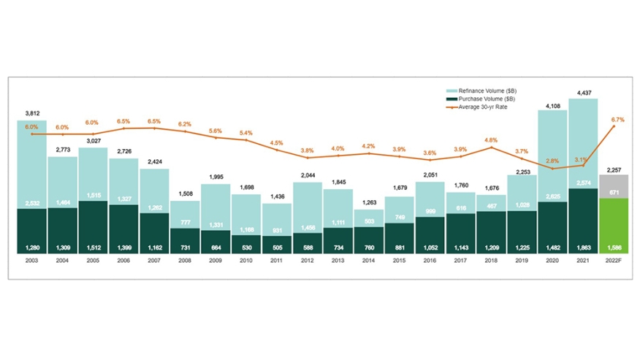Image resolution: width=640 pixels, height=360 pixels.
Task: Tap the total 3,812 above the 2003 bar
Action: click(32, 113)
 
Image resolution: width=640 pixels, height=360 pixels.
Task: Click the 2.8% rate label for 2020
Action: click(552, 160)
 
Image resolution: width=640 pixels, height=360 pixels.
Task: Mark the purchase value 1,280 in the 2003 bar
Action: click(32, 248)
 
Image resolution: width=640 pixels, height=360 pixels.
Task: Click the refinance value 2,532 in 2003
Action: click(32, 204)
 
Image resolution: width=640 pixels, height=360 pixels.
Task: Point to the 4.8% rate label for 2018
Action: click(491, 140)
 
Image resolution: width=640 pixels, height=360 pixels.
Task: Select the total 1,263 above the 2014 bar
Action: click(369, 203)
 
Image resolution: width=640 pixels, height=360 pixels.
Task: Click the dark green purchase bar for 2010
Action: click(246, 244)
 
